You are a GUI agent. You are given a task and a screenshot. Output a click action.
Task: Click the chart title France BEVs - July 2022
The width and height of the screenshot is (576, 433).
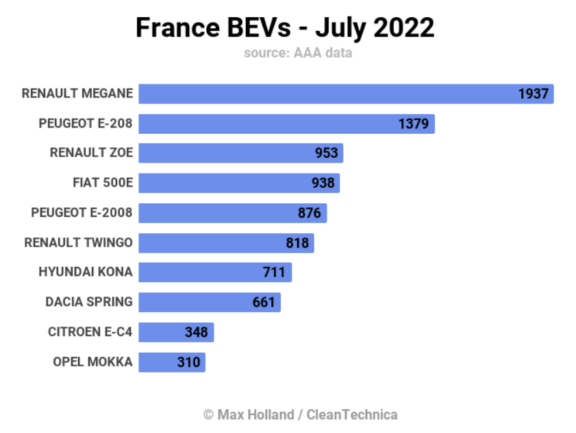coord(285,28)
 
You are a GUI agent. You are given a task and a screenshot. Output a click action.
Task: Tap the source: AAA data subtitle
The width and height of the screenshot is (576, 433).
coord(297,53)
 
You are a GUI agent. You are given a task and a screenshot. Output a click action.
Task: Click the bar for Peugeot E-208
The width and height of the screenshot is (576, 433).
coord(267,124)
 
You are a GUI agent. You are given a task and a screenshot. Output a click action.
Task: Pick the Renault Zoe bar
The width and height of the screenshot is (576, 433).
coord(226,153)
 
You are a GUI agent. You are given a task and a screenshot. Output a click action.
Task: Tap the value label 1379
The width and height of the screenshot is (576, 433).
coord(413,124)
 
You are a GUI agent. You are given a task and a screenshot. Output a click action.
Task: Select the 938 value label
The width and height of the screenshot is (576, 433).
coord(323,183)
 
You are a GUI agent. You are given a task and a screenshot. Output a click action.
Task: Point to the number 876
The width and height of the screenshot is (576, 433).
coord(310,213)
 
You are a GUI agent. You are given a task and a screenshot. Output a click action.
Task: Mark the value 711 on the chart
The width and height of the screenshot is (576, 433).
coord(274,272)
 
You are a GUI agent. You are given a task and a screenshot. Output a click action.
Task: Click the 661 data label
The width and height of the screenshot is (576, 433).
coord(264,302)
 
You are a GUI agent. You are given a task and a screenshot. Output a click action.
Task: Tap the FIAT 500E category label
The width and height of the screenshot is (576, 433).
coord(102,183)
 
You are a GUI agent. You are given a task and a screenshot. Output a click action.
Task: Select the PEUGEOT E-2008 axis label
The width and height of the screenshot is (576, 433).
coord(82,213)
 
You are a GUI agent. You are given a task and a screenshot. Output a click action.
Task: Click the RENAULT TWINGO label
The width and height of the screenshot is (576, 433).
coord(78,242)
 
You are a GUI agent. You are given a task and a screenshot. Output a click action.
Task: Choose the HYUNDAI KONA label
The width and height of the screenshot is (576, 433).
coord(86,272)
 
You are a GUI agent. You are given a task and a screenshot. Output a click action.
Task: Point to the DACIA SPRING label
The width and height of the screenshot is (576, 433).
coord(89,302)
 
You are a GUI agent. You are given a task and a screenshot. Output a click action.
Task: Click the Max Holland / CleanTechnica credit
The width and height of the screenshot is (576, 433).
coord(300,414)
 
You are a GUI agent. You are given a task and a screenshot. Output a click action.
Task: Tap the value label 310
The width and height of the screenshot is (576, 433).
coord(188,362)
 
